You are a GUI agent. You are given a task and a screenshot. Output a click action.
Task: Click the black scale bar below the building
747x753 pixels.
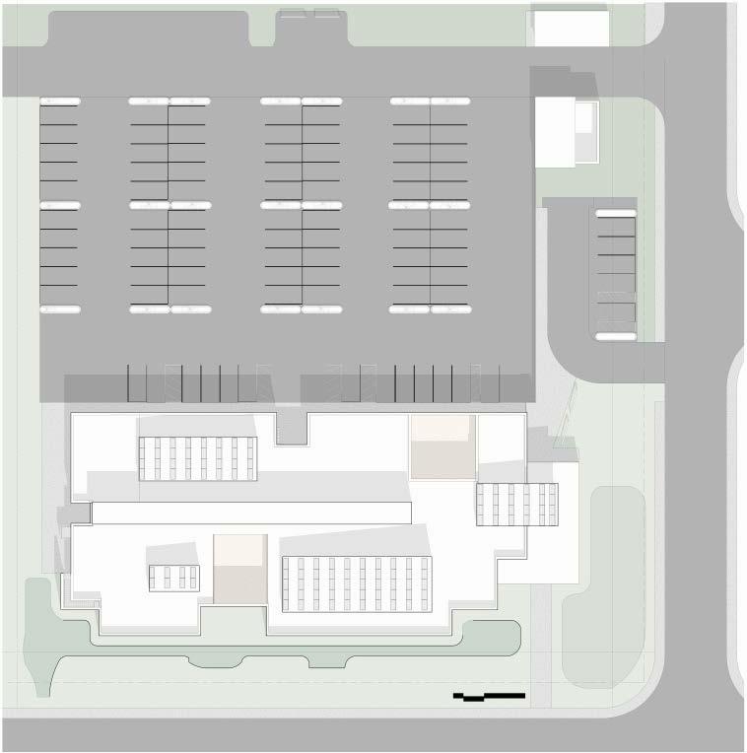[x=489, y=697]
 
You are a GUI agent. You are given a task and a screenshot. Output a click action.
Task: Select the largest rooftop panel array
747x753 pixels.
[x=357, y=584]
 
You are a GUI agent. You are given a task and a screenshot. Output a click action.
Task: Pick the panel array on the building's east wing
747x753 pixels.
[x=516, y=505]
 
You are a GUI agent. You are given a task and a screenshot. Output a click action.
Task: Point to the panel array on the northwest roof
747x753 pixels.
[x=197, y=458]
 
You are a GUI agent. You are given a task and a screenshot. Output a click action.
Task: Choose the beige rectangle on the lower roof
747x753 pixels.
[x=239, y=569]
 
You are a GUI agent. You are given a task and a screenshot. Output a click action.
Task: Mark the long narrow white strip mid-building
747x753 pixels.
[x=250, y=513]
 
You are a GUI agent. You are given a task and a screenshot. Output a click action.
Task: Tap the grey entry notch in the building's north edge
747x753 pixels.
[x=292, y=426]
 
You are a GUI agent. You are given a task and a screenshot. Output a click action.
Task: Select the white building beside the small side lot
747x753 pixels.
[x=566, y=131]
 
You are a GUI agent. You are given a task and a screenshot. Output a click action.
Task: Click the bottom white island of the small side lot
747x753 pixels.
[x=615, y=336]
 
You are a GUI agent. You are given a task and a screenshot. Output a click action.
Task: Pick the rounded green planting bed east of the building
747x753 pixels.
[x=616, y=582]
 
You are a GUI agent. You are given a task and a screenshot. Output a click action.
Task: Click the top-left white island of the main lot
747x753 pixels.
[x=59, y=101]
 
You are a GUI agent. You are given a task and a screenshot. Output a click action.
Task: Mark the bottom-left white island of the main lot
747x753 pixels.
[x=59, y=309]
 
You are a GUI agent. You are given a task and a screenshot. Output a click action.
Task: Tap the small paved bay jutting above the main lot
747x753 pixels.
[x=311, y=28]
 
